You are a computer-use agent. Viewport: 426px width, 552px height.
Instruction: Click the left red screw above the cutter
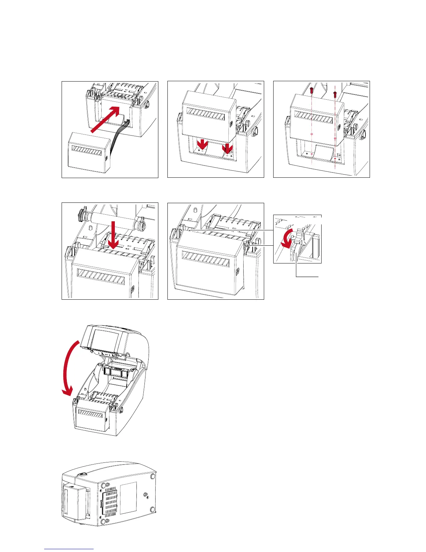pyautogui.click(x=312, y=91)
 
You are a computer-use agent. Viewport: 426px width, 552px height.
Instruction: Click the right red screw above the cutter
pyautogui.click(x=335, y=94)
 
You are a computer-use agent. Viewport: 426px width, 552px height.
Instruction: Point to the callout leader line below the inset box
pyautogui.click(x=306, y=277)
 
